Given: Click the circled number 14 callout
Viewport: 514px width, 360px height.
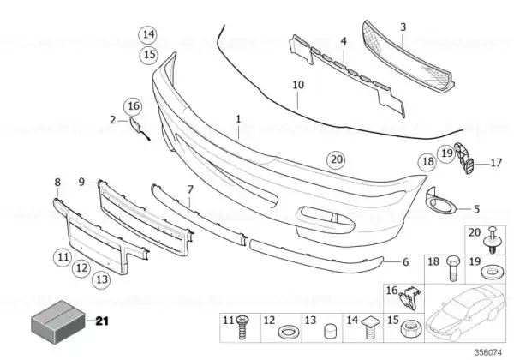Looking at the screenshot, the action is [x=148, y=34].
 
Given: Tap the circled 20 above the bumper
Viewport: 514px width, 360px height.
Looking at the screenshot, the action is [x=337, y=159].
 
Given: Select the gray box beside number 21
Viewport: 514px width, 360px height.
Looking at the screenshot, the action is [x=58, y=321].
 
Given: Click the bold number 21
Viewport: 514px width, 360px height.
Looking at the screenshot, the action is [x=102, y=321].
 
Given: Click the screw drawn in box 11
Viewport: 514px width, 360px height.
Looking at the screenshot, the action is [x=242, y=328].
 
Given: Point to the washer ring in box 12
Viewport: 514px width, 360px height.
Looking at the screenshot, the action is [x=289, y=332].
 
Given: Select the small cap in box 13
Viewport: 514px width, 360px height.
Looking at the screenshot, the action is [x=330, y=331].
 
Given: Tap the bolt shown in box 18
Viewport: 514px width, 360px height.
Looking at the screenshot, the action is [x=453, y=268].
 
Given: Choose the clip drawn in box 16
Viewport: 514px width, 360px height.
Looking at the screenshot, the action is [x=409, y=298].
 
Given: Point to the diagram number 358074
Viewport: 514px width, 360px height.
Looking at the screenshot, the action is [x=488, y=353].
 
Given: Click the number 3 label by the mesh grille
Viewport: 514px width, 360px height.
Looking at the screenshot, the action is [x=403, y=27].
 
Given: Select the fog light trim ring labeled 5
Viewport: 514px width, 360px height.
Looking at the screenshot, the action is [x=440, y=201].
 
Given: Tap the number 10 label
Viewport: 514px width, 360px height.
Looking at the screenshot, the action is [x=298, y=85].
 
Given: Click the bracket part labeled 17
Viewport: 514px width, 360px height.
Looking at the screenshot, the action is [x=464, y=159].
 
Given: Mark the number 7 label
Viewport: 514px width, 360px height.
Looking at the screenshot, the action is [x=190, y=189].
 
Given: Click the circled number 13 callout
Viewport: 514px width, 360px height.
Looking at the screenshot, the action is [x=102, y=279].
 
